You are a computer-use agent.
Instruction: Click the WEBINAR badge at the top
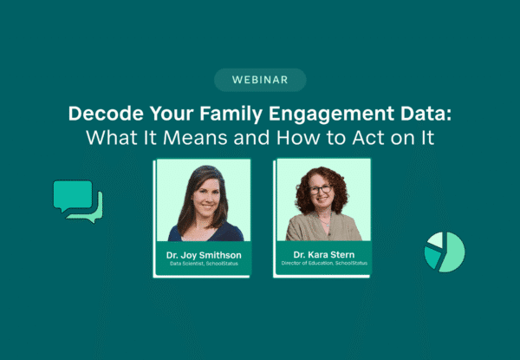(260, 80)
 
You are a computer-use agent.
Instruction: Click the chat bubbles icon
(77, 200)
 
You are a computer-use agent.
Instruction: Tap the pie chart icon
(445, 252)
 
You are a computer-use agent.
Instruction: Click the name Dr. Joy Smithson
(202, 254)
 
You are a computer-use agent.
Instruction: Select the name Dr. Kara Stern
(322, 252)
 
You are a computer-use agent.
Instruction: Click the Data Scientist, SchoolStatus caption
(202, 264)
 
